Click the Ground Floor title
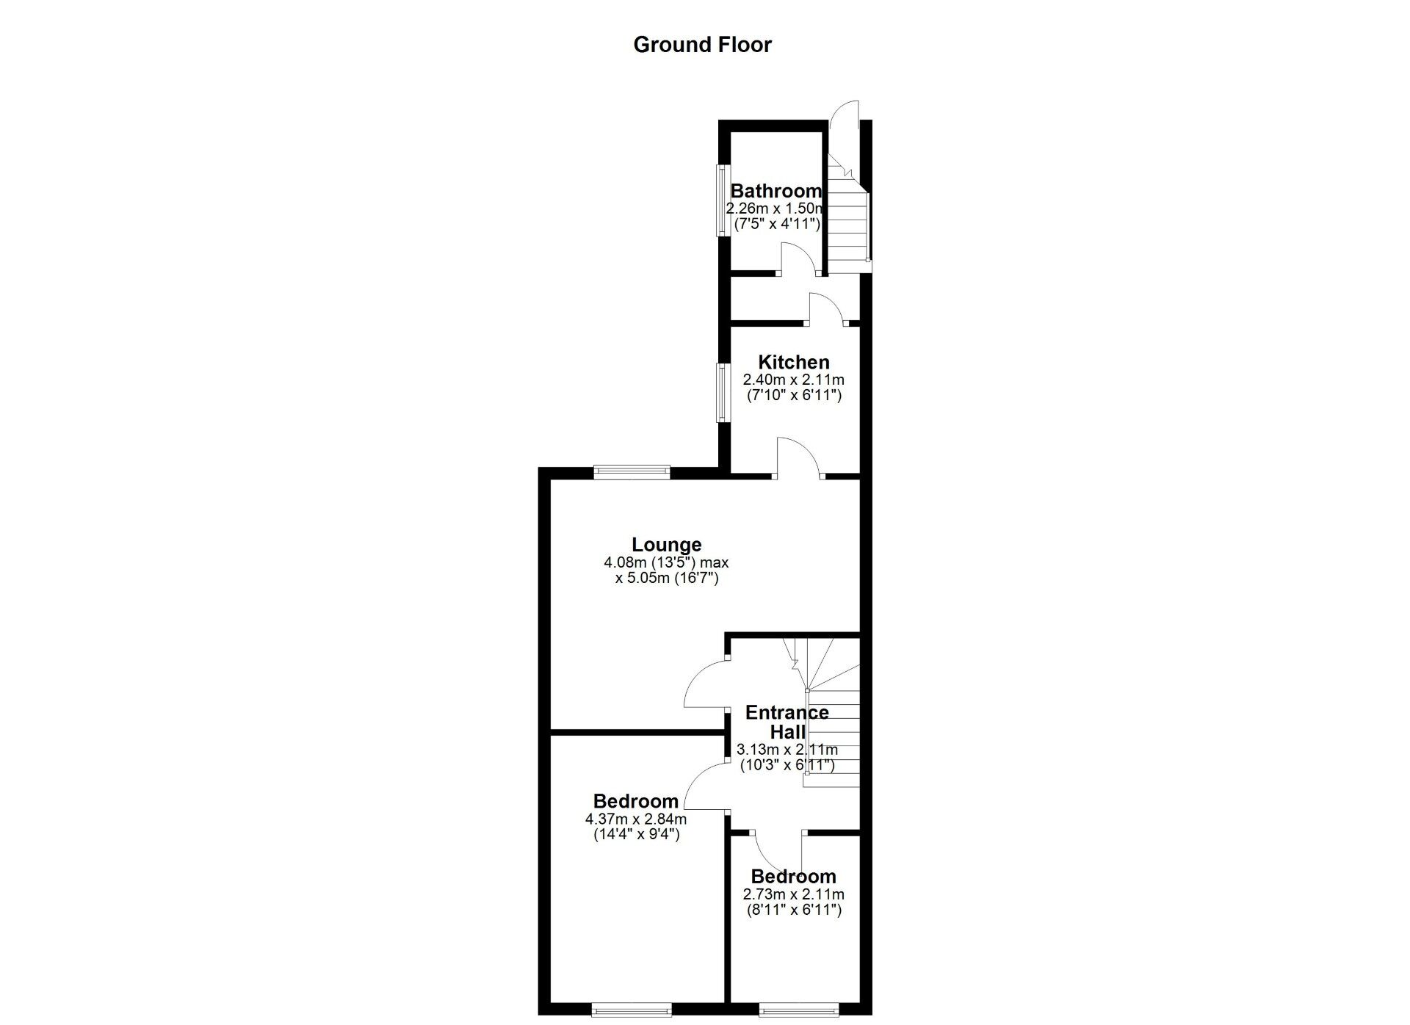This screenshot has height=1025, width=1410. point(702,45)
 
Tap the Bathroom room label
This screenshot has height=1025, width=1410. point(775,191)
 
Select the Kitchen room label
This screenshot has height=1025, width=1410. point(793,362)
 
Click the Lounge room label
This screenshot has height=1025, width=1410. point(666,545)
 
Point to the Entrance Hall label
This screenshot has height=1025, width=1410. point(787,722)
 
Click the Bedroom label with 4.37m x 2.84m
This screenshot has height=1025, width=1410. point(635,801)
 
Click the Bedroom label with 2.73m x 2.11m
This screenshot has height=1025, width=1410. point(793,877)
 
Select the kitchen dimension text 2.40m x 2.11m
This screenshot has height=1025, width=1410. point(793,380)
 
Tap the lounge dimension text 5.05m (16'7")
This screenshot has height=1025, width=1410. point(666,579)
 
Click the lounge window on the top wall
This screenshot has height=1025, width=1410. point(632,472)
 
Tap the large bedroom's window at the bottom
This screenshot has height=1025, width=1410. point(632,1011)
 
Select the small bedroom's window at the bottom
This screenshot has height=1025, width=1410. point(798,1011)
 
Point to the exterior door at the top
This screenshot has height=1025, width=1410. point(845,117)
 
